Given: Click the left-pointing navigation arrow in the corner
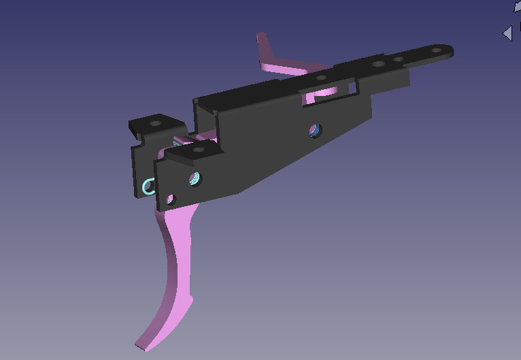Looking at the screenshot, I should pos(507,33).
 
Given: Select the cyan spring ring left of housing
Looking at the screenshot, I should pos(150,186).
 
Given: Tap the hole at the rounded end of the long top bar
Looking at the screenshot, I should pos(436,51).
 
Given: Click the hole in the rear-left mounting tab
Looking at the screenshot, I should pos(155,124).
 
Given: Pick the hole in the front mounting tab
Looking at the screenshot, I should pos(199,148).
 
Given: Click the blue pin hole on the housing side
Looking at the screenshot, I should pos(314,129).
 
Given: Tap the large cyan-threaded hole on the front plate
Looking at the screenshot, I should pos(195,179).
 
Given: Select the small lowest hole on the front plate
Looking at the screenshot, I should pos(170,199).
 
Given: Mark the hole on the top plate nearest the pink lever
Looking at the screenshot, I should pos(321,77).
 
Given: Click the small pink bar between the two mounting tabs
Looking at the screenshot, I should pos(182,141).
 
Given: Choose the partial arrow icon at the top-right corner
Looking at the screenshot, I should pos(517,5).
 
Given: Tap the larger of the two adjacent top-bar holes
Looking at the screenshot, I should pos(378,64).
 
